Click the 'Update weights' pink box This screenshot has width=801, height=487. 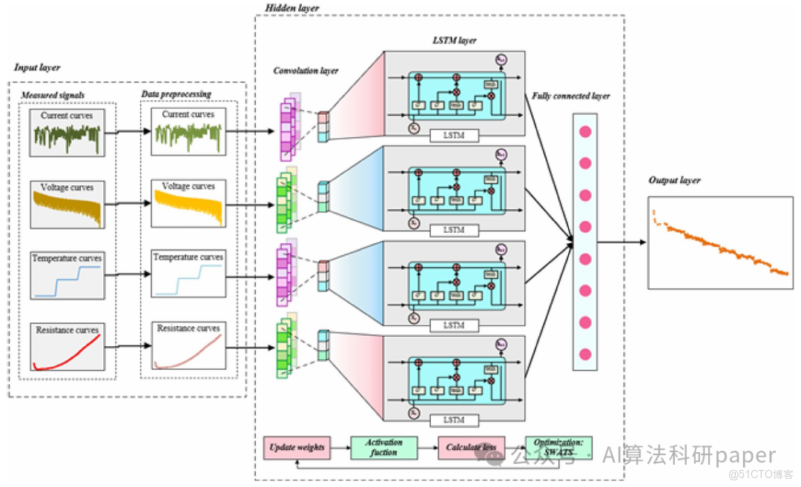297,448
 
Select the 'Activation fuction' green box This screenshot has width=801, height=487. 383,448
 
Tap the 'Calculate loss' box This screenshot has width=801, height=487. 470,448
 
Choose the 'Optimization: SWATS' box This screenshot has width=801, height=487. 558,448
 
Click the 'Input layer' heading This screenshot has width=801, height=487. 37,67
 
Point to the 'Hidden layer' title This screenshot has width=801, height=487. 292,7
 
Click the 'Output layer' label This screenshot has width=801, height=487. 674,180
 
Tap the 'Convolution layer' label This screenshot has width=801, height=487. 306,71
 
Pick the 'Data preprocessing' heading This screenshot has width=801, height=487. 176,94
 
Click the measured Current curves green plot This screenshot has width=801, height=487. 67,132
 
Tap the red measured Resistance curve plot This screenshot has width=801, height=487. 67,347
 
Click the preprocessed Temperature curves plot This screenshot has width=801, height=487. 188,275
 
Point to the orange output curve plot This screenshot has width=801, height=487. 719,242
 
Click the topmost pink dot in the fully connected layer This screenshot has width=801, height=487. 584,132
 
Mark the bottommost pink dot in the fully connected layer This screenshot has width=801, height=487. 584,354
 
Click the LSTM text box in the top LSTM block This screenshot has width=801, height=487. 454,136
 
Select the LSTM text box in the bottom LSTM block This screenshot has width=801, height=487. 454,420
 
